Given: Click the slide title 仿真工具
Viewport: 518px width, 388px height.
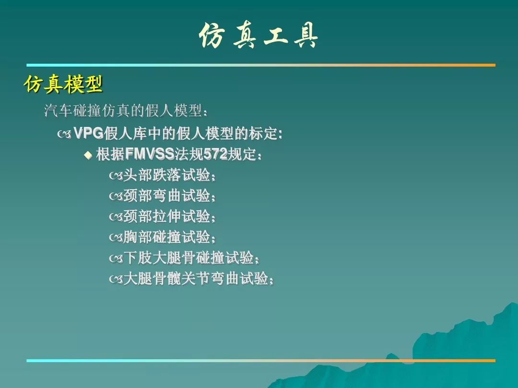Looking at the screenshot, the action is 259,35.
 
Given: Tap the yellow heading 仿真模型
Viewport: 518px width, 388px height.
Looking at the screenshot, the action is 63,84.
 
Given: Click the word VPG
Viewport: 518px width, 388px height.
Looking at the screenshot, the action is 88,133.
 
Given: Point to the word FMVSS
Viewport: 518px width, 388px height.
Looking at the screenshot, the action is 150,154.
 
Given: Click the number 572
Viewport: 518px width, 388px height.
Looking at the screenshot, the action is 215,154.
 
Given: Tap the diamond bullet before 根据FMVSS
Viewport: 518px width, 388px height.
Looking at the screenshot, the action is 88,155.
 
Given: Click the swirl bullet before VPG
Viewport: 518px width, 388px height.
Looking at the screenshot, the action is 64,134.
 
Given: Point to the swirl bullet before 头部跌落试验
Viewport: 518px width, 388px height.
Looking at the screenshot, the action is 116,176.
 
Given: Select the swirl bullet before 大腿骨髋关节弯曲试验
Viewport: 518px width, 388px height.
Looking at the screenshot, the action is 116,280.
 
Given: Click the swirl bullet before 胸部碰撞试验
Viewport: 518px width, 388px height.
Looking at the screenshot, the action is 116,238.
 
